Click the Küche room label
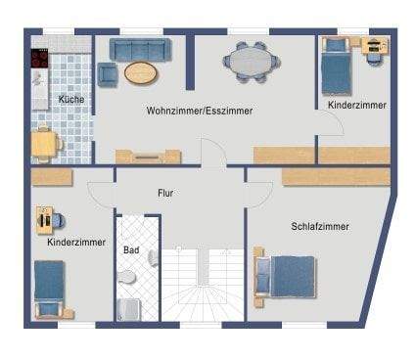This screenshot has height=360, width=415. tap(70, 100)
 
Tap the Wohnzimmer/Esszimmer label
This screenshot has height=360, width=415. tap(200, 112)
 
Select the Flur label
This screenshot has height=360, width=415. tap(165, 194)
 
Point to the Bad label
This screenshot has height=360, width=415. tap(130, 250)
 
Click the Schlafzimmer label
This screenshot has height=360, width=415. tap(320, 226)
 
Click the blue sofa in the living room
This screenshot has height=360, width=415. tap(140, 51)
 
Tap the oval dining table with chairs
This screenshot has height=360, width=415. tap(252, 61)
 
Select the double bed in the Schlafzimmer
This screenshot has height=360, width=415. tap(290, 277)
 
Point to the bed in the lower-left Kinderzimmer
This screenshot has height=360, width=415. tap(49, 288)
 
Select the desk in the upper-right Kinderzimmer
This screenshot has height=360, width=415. tap(374, 45)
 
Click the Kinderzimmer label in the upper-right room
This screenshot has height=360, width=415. tap(356, 104)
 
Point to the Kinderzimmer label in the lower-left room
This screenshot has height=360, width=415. tap(74, 241)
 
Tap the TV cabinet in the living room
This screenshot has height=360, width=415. tap(148, 156)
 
